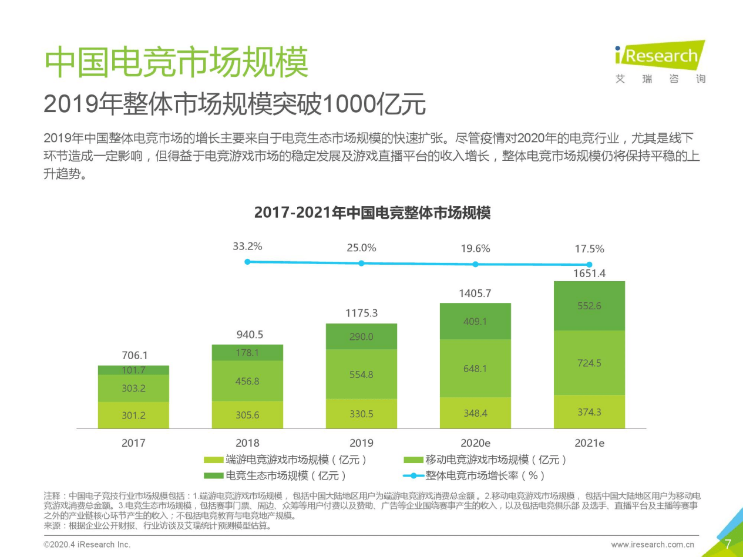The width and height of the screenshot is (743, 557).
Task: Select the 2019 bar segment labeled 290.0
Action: click(x=361, y=337)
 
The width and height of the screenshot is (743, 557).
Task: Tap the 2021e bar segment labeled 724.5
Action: click(x=589, y=363)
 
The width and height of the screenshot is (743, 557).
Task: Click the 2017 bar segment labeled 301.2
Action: click(x=133, y=416)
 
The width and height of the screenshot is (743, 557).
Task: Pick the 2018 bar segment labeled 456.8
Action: click(x=247, y=381)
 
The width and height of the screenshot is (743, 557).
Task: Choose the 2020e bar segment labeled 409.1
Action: click(x=475, y=321)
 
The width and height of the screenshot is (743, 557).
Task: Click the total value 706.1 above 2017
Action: click(x=133, y=355)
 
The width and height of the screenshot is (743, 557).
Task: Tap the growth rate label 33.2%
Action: click(x=247, y=247)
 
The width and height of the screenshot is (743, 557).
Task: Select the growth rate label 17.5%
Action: click(x=589, y=249)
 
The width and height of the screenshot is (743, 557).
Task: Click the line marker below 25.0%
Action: click(x=361, y=263)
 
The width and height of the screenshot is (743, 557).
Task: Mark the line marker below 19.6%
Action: click(x=475, y=264)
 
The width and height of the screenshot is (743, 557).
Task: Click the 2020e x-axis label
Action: click(x=475, y=443)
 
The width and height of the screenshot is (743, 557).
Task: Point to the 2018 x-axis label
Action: click(x=247, y=443)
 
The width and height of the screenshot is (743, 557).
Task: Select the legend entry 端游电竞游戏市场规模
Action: click(x=288, y=460)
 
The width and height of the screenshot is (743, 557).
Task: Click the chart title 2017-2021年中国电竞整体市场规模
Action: click(x=372, y=213)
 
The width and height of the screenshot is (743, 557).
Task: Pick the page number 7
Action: click(x=728, y=544)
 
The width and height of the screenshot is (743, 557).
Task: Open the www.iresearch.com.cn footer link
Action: click(x=653, y=545)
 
